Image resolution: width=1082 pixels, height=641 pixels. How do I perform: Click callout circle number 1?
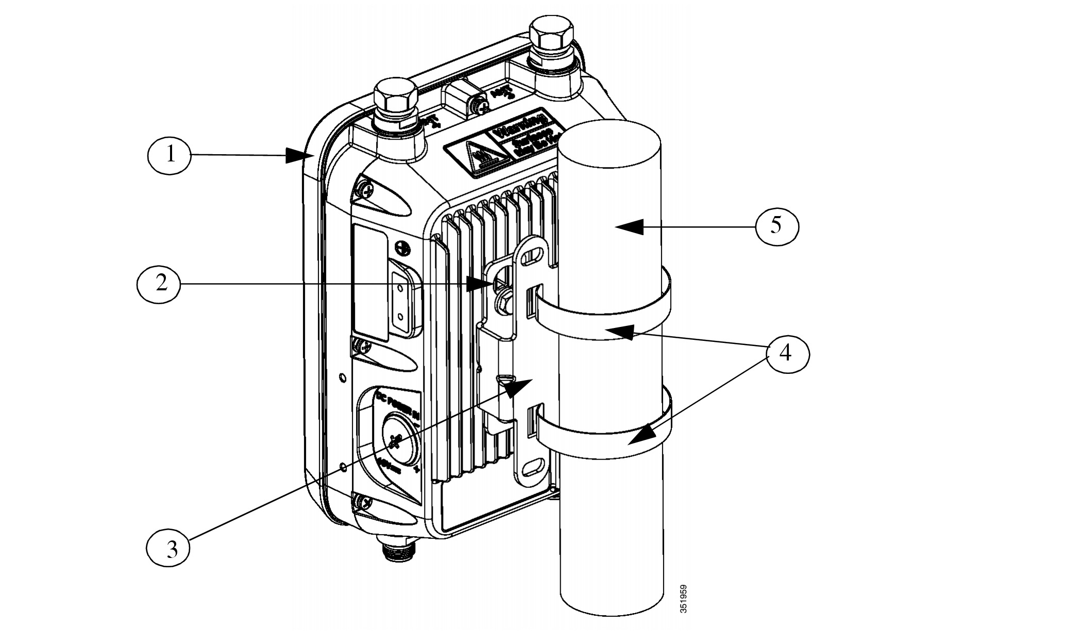(170, 155)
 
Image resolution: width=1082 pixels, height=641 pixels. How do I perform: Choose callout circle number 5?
(776, 226)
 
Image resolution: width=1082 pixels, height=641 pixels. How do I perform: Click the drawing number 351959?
(683, 598)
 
